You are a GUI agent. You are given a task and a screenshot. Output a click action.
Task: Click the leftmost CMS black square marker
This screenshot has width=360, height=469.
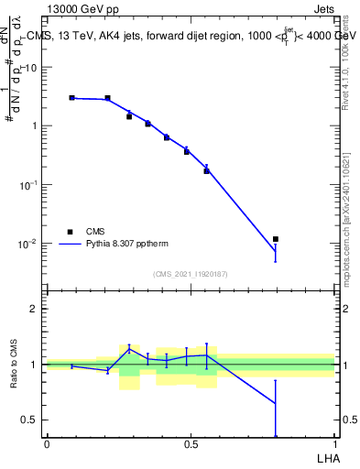(72, 97)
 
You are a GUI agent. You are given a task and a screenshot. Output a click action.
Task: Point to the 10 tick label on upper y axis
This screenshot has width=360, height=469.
(30, 67)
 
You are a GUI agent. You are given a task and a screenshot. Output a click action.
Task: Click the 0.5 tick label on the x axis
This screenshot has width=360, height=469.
(191, 444)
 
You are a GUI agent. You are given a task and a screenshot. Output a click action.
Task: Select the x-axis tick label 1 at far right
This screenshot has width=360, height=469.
(334, 444)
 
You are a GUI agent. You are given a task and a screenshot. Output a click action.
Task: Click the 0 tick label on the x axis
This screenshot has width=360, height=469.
(47, 444)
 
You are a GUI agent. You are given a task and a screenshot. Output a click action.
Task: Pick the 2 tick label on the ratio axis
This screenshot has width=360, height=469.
(35, 309)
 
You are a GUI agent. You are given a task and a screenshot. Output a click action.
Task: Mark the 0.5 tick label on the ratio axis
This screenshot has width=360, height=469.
(30, 420)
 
